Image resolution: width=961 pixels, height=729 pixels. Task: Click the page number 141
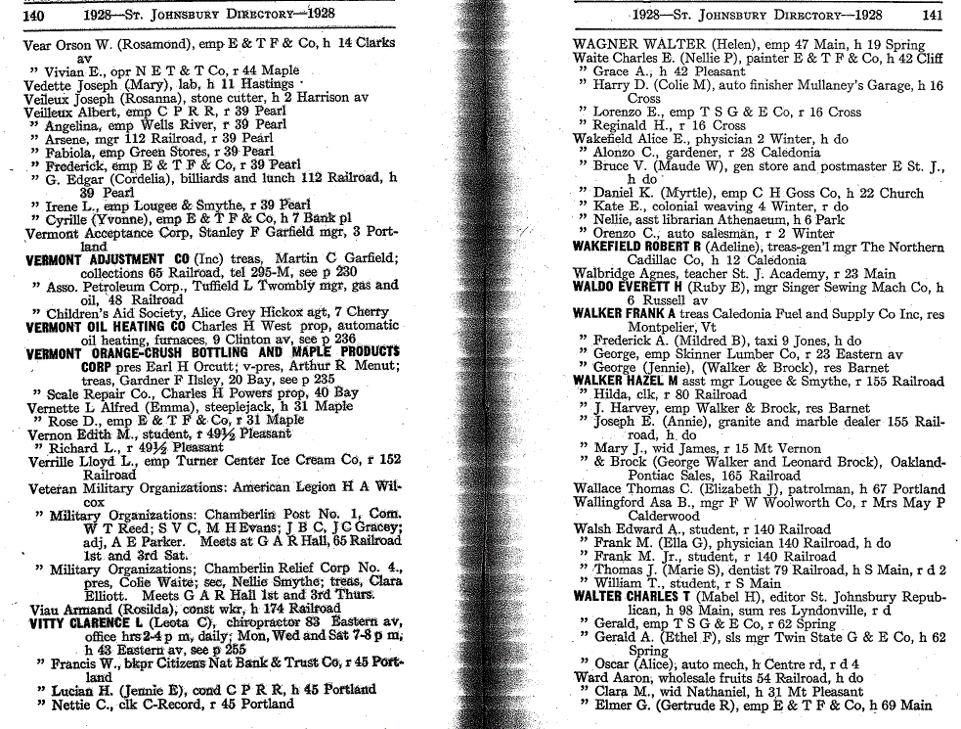[x=932, y=16]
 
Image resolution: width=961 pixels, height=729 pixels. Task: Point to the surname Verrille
[x=48, y=460]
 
